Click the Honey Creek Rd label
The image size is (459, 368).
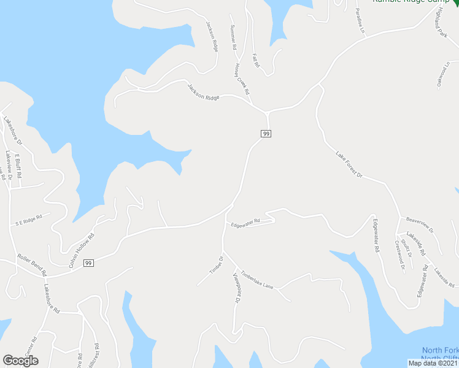(242, 77)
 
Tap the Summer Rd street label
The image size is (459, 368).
(233, 37)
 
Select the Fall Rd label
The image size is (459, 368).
(256, 60)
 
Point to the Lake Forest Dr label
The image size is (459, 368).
(349, 164)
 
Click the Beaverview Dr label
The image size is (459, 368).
(420, 225)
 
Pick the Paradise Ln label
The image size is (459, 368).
(360, 21)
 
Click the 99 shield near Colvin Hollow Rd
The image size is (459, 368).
(89, 263)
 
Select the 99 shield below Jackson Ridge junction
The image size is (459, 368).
(266, 134)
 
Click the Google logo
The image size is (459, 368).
(20, 361)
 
